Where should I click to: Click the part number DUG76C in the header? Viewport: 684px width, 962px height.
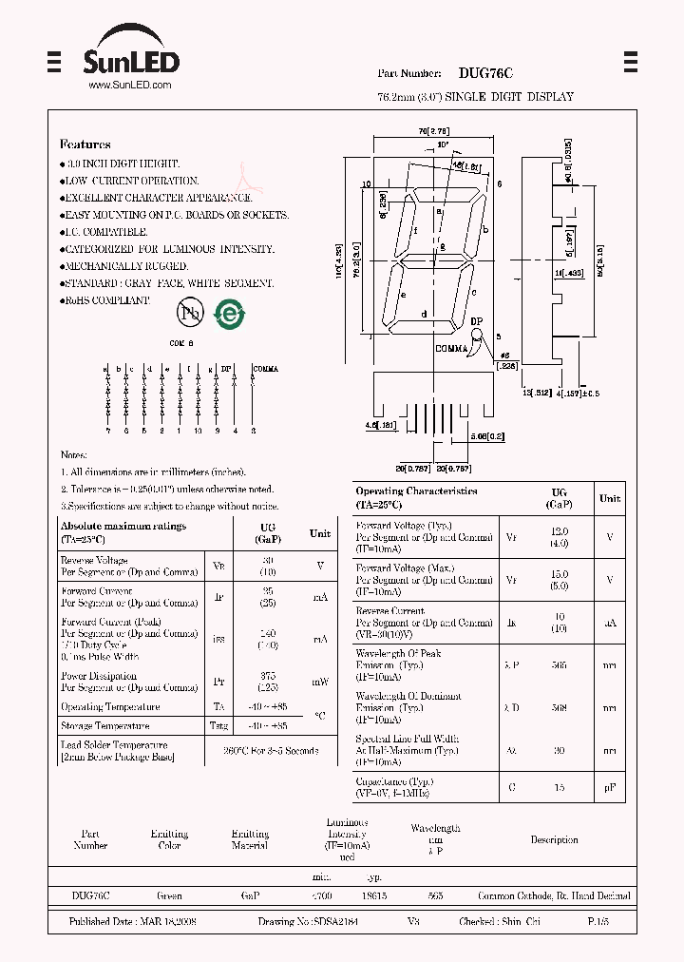485,73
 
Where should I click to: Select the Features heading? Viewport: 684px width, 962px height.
85,144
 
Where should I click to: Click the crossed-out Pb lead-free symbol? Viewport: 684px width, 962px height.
189,312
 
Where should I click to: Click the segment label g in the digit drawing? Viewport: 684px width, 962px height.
443,245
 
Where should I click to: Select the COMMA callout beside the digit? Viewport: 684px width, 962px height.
451,349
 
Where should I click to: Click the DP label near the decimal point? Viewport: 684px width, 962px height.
477,322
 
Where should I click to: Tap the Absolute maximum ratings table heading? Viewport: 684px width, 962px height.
123,526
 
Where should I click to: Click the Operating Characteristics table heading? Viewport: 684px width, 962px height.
416,491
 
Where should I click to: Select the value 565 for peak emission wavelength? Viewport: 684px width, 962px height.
559,665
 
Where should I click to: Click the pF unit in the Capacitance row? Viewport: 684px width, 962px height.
610,787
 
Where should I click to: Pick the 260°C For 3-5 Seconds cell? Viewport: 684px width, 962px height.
270,751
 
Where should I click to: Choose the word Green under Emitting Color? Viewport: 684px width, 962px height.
169,895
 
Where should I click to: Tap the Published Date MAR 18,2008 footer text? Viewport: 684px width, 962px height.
132,922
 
